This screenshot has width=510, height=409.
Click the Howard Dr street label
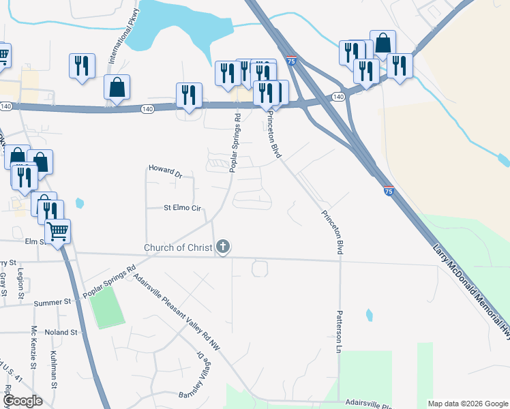[166, 170]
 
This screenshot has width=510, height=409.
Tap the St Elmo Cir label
[182, 208]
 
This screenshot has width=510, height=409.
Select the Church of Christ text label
[179, 247]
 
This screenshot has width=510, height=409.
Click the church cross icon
[222, 246]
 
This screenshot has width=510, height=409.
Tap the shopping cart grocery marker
[58, 231]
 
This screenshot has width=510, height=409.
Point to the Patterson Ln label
[337, 332]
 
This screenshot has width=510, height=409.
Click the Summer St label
[52, 302]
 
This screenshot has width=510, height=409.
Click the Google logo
[22, 401]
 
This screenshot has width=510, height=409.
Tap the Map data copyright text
[467, 404]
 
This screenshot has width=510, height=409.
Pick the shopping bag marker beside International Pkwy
[117, 87]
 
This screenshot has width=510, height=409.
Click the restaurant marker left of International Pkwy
[82, 66]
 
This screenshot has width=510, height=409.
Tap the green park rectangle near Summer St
[106, 307]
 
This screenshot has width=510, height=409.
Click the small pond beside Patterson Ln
[370, 315]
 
